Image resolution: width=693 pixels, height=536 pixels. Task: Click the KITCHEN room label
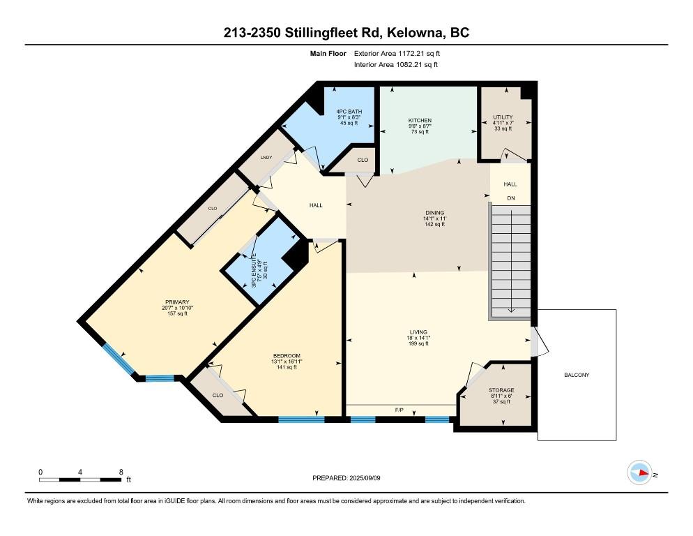(420, 121)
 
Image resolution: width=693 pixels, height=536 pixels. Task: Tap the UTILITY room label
(503, 117)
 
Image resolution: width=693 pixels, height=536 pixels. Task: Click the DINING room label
(434, 213)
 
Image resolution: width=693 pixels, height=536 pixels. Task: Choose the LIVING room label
(418, 332)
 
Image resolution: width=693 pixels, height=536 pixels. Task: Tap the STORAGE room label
(501, 390)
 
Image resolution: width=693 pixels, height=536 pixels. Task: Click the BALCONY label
(577, 375)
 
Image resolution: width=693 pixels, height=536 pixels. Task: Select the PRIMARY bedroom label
(177, 302)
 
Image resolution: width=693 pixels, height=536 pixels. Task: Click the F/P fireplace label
(399, 410)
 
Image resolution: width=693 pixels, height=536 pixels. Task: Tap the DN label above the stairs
(510, 198)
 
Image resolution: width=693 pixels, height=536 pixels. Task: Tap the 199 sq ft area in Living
(418, 343)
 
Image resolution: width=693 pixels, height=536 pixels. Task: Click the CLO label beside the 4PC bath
(363, 161)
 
